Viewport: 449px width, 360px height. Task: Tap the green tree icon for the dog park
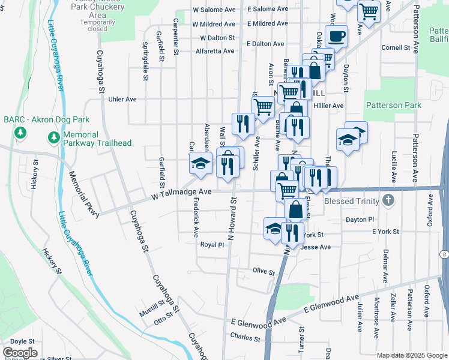click(x=20, y=131)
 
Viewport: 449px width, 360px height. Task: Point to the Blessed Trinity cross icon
click(x=389, y=201)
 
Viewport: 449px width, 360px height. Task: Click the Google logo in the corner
click(x=20, y=353)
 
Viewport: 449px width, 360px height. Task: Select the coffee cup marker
click(x=337, y=36)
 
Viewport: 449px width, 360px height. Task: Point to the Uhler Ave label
click(x=122, y=99)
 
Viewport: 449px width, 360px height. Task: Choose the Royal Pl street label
click(x=212, y=245)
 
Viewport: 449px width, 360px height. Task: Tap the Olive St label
click(x=263, y=272)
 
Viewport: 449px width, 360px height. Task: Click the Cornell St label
click(x=395, y=47)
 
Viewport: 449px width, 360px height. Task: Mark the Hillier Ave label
click(x=328, y=106)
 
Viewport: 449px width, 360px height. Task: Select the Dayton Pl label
click(x=359, y=220)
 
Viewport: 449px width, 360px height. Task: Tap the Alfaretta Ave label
click(x=215, y=51)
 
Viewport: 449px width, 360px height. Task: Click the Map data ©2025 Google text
click(x=412, y=355)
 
